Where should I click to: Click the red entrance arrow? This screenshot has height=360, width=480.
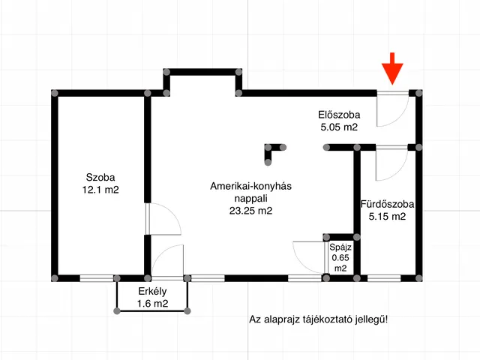[x=392, y=72]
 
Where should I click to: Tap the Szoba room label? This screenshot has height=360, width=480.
[x=100, y=178]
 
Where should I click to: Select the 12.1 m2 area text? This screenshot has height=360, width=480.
[x=100, y=190]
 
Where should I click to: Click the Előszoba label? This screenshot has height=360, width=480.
[x=339, y=115]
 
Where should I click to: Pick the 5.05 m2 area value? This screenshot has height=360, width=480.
[x=339, y=127]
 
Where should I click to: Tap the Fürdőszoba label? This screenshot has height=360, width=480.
[x=387, y=204]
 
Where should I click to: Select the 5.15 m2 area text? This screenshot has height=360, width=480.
[x=387, y=217]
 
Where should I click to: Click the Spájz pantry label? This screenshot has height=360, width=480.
[x=340, y=246]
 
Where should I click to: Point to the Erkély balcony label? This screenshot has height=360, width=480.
[x=152, y=292]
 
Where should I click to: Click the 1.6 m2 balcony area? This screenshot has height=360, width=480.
[x=152, y=304]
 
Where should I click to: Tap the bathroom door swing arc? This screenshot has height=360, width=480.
[x=389, y=163]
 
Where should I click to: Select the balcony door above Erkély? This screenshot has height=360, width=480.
[x=166, y=262]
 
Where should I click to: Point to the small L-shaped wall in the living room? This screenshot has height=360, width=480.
[x=274, y=151]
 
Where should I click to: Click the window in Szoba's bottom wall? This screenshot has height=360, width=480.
[x=96, y=278]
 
